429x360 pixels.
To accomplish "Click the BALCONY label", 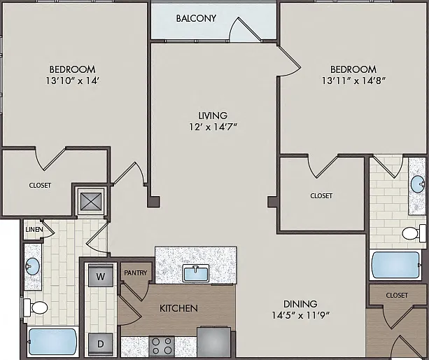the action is tap(196, 18).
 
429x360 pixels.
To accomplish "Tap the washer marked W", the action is tap(101, 276).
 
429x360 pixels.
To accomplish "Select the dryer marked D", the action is tap(101, 344).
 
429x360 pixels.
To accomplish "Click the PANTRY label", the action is tap(136, 272).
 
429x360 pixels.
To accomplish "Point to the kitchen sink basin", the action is tap(196, 273).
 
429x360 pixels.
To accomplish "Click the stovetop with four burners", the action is tap(162, 346).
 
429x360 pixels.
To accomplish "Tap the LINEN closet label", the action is tap(34, 230).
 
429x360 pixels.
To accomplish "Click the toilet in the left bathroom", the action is tap(35, 307).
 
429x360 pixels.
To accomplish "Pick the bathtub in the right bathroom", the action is tap(396, 265).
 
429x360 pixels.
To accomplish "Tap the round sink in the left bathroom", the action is tap(33, 266).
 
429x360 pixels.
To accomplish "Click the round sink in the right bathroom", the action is tap(418, 184).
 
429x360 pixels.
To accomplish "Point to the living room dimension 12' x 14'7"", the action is tap(213, 127).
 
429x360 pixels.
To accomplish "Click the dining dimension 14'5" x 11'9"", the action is tap(300, 316).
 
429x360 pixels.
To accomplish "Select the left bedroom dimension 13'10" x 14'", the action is tap(72, 81).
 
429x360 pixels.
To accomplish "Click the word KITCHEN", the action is tap(178, 308).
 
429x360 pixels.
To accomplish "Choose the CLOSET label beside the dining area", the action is tap(397, 295).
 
